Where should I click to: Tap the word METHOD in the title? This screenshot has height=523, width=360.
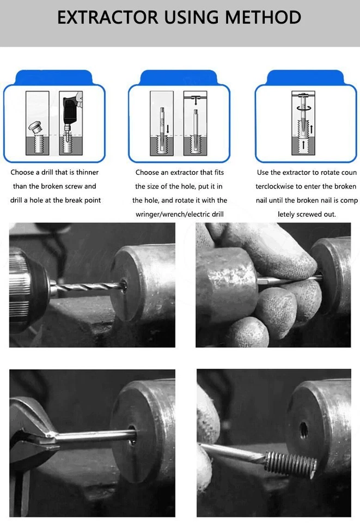(261, 17)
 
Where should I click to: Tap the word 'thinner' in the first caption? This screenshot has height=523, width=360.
(85, 172)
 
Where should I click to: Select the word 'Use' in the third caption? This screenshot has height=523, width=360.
(264, 172)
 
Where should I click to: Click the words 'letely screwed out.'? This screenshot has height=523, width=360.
(307, 214)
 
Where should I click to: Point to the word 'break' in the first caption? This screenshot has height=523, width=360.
(75, 200)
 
